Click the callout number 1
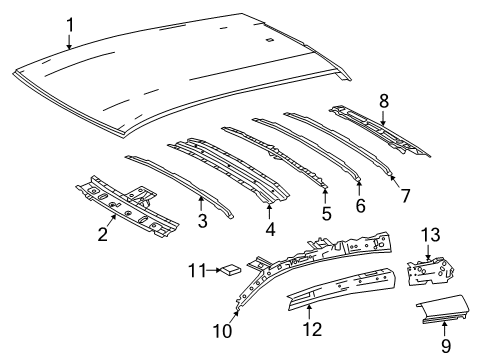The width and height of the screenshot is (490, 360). (x=69, y=24)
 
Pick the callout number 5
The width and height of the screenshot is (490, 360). (x=326, y=212)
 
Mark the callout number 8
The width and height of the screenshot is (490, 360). (x=383, y=98)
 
